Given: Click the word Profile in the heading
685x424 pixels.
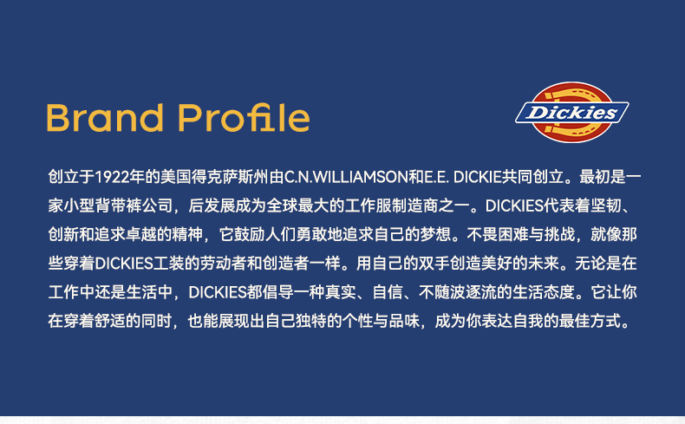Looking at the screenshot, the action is click(244, 117).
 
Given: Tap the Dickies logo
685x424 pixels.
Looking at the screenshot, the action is click(572, 112).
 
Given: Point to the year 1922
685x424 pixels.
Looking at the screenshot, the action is click(112, 177).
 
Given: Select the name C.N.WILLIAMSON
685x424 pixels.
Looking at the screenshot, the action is click(346, 177).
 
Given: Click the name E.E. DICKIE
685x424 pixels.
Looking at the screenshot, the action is click(463, 177).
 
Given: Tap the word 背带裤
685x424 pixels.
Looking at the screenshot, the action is click(118, 205).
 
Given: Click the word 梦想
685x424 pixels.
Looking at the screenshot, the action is click(435, 234).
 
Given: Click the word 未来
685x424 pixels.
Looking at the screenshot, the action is click(543, 264).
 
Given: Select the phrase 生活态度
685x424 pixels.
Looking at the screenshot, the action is click(544, 292).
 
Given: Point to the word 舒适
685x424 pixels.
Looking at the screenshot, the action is click(110, 321).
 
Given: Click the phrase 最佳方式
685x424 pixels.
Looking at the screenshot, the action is click(590, 321).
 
